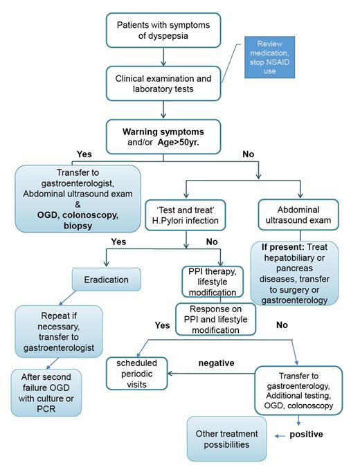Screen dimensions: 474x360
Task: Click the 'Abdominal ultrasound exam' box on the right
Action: click(x=299, y=215)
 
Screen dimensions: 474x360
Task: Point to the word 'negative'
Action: click(x=217, y=361)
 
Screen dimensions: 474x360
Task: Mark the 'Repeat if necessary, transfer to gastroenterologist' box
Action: click(x=59, y=330)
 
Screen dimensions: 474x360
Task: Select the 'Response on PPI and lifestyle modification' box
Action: click(x=215, y=320)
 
